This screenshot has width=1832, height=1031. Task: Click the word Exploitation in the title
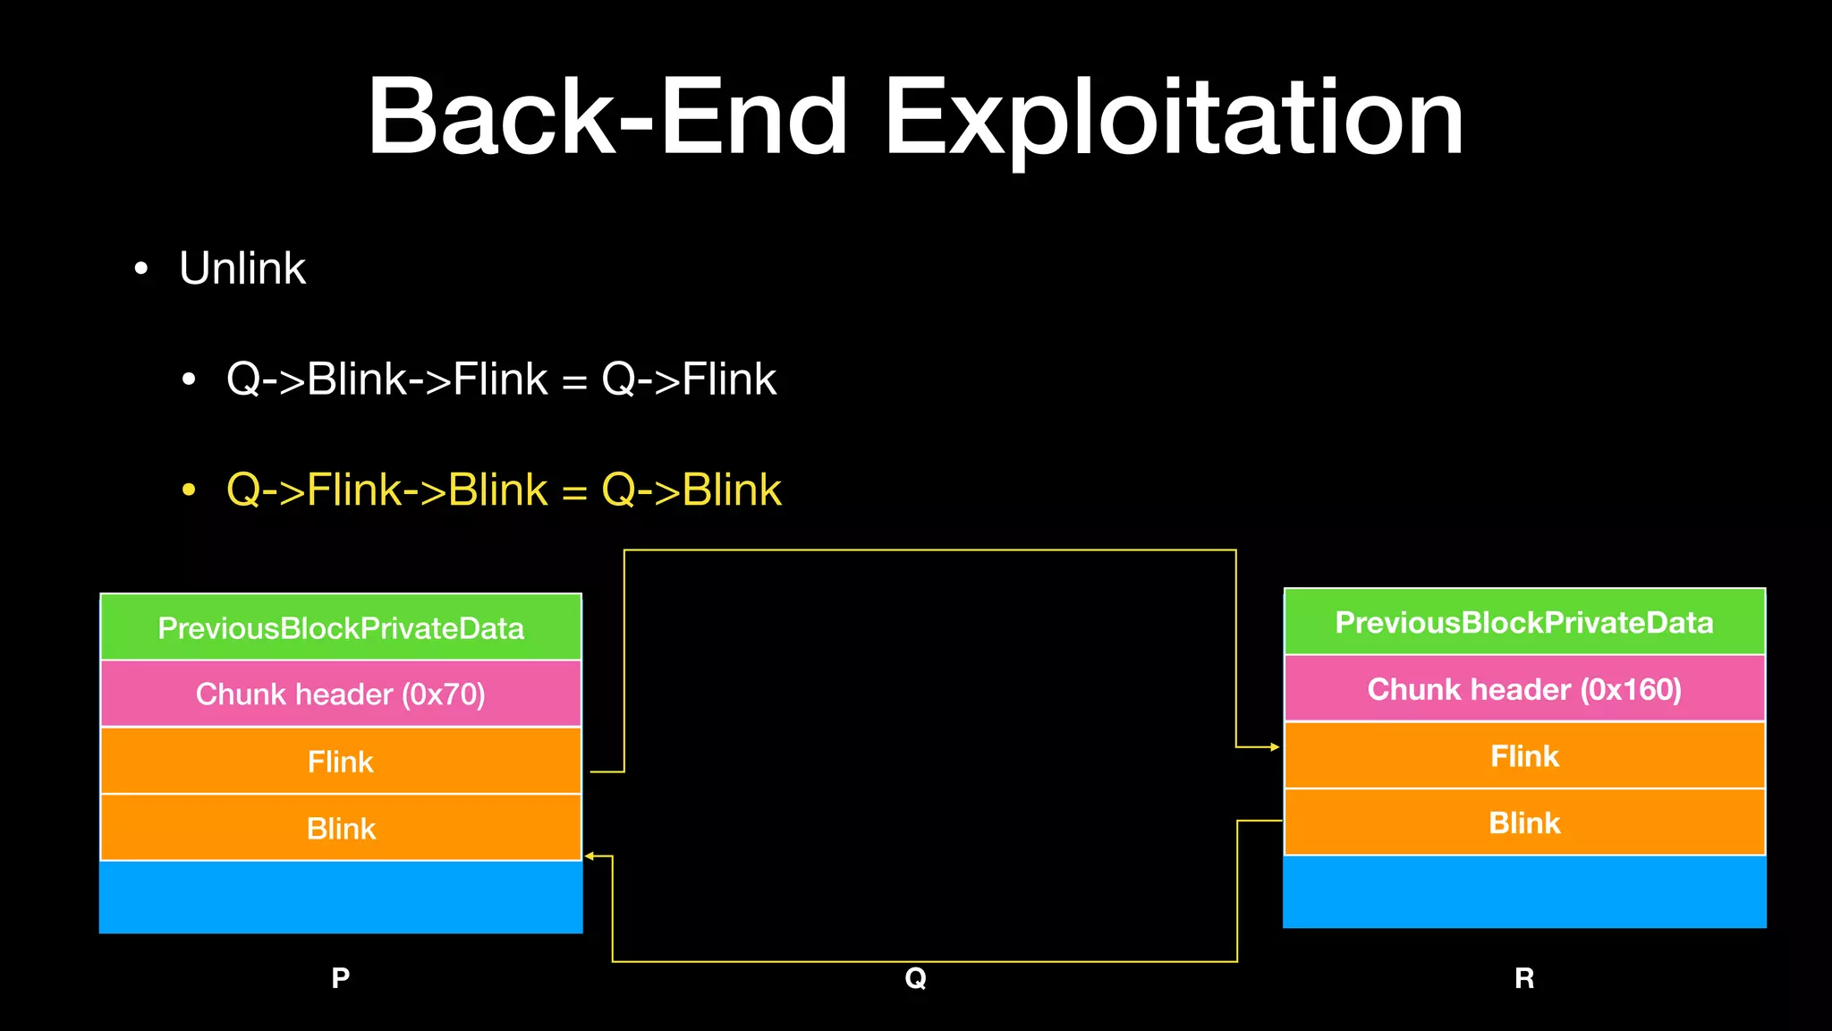click(x=1174, y=118)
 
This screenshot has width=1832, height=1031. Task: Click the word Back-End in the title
click(x=607, y=118)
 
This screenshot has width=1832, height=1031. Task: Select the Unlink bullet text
click(x=242, y=268)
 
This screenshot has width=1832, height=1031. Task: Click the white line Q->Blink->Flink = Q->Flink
click(x=501, y=379)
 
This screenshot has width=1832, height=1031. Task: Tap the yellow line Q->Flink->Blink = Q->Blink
click(x=504, y=490)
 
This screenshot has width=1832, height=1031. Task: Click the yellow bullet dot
click(x=189, y=490)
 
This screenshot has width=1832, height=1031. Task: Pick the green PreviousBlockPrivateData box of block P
click(x=341, y=627)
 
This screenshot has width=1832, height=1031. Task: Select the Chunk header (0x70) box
click(x=341, y=694)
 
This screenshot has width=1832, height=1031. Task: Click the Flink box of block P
click(x=341, y=761)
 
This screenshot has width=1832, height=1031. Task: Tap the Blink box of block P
click(x=341, y=828)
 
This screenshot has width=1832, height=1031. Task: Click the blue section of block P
click(x=341, y=897)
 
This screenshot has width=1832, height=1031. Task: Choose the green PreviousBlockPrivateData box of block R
click(x=1524, y=622)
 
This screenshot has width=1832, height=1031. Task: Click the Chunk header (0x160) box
click(x=1524, y=688)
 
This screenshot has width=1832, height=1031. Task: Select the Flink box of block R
click(x=1524, y=755)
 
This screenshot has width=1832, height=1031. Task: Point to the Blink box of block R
click(x=1524, y=822)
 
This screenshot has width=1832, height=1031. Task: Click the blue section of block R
click(x=1524, y=891)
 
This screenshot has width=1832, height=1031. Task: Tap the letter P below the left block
click(x=341, y=977)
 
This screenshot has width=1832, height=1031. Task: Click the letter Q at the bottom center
click(x=915, y=977)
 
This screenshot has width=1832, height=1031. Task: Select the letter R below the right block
click(x=1524, y=977)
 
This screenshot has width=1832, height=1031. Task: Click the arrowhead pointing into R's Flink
click(x=1275, y=746)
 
